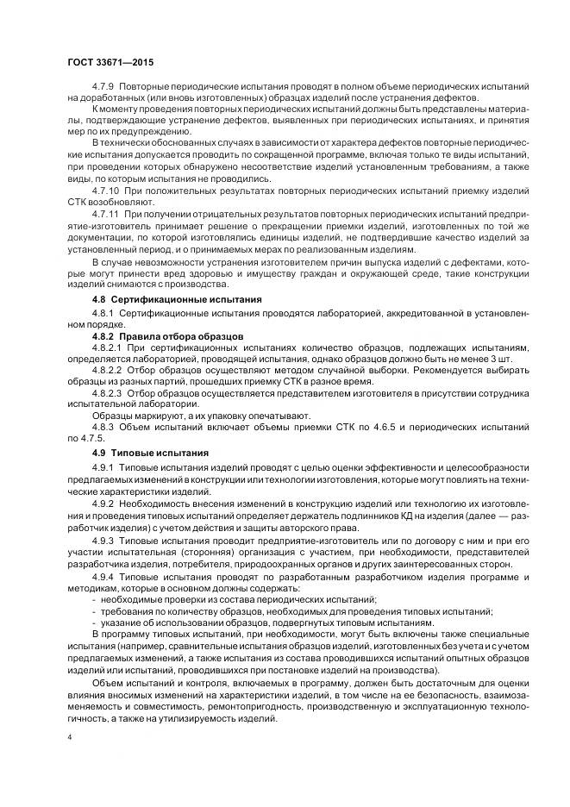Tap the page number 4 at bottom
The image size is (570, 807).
70,738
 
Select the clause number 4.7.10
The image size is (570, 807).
108,187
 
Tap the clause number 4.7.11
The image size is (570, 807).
108,212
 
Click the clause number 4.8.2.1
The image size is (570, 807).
108,347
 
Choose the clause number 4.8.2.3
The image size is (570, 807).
108,391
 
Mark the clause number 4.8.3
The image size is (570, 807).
103,427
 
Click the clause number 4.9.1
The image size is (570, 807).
103,466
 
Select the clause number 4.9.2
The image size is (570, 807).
103,502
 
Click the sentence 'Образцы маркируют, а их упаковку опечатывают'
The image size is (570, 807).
191,415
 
